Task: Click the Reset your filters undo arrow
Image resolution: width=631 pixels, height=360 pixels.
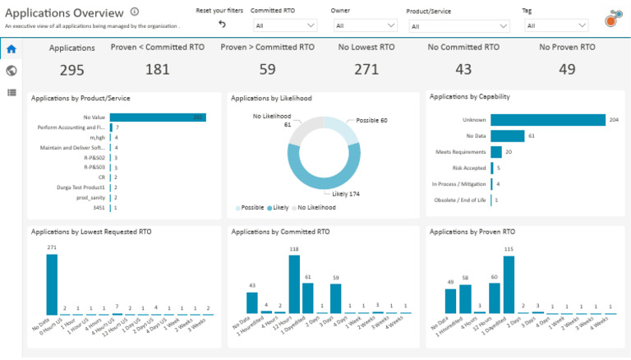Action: tap(222, 25)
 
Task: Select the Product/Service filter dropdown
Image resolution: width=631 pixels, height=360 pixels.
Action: tap(458, 26)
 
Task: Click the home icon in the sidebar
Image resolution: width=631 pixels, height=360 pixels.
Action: tap(12, 49)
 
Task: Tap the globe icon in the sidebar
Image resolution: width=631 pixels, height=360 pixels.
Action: tap(12, 71)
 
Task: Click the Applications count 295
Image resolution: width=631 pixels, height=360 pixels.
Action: tap(71, 70)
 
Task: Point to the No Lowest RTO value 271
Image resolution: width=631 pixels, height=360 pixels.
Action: tap(366, 70)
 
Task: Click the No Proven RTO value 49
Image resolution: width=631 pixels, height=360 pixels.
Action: tap(567, 70)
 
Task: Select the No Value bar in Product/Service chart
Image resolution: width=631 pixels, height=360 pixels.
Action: tap(157, 118)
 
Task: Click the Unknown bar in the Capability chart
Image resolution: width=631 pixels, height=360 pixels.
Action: tap(547, 120)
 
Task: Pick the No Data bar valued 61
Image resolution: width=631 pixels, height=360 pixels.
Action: tap(507, 136)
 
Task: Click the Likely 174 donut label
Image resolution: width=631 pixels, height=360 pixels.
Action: tap(346, 194)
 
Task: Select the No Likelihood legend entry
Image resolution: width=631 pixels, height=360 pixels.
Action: tap(317, 208)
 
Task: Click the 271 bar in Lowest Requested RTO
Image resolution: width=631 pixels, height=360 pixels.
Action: tap(52, 284)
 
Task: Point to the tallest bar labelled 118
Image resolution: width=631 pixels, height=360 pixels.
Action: tap(294, 284)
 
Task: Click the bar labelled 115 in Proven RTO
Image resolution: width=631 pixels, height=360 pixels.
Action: tap(509, 284)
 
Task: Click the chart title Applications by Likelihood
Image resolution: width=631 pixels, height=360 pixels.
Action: tap(271, 98)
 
